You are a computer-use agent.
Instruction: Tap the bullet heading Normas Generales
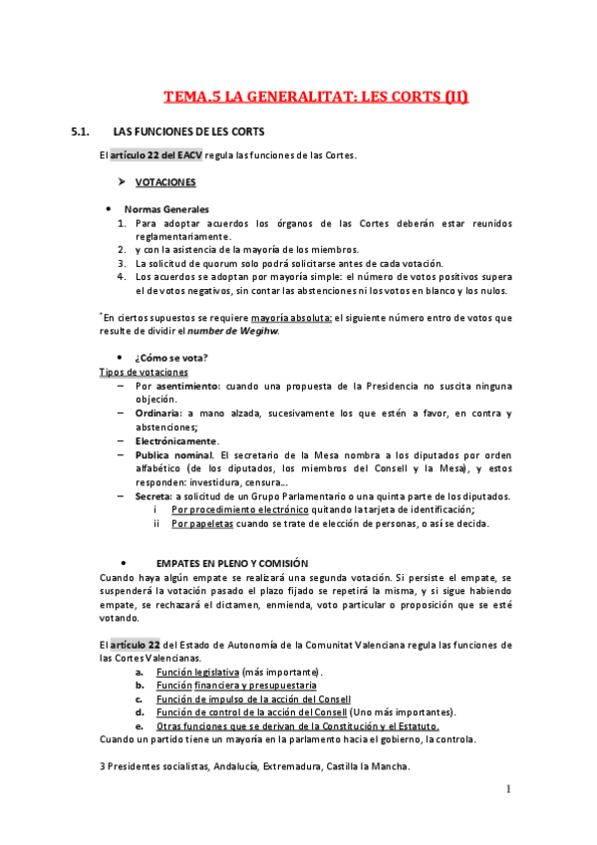pyautogui.click(x=166, y=209)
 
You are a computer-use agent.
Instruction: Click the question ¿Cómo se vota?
pyautogui.click(x=165, y=357)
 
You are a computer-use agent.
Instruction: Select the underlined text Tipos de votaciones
pyautogui.click(x=144, y=372)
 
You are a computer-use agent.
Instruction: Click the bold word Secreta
pyautogui.click(x=154, y=496)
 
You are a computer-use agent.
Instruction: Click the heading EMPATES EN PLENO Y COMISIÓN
pyautogui.click(x=232, y=563)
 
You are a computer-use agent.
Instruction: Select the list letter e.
pyautogui.click(x=139, y=726)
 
